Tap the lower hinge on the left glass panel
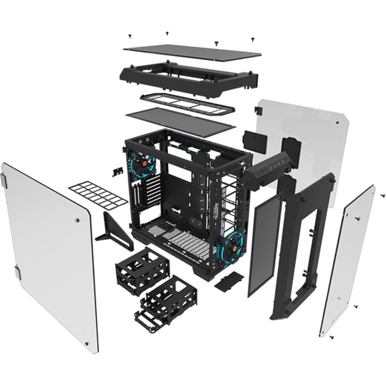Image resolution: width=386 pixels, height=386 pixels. [x=19, y=275]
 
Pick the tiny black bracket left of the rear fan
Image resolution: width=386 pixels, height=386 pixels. [x=114, y=171]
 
